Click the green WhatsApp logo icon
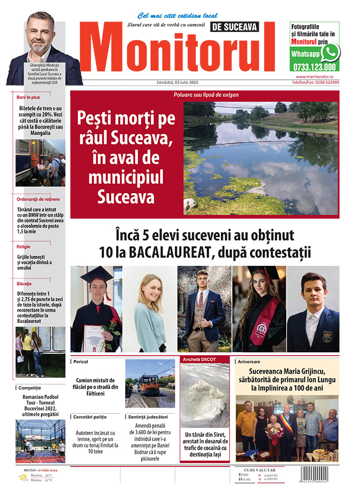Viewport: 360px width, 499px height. tap(331, 52)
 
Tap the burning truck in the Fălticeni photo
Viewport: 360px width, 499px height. tap(149, 385)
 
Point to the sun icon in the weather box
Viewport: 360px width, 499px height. tap(23, 477)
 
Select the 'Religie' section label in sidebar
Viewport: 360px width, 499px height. tap(24, 246)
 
